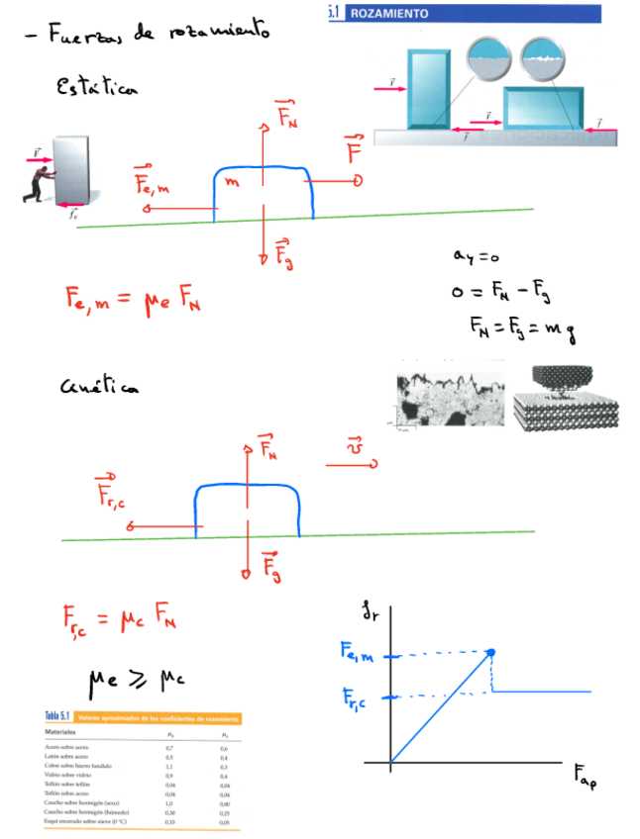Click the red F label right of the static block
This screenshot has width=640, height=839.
(x=354, y=152)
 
